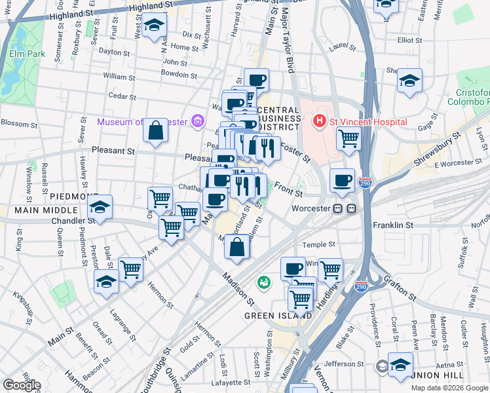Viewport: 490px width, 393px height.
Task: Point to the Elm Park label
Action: (x=28, y=54)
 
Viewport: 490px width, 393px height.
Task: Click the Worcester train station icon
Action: (x=345, y=208)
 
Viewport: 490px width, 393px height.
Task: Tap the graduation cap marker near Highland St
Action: (x=155, y=25)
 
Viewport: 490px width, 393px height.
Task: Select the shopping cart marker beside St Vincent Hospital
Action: (x=349, y=138)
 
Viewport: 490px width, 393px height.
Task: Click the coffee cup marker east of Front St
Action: (x=341, y=180)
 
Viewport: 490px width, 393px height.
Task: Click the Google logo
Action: (x=22, y=385)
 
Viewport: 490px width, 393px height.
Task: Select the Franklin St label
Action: (x=392, y=225)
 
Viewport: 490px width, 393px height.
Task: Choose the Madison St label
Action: (x=238, y=289)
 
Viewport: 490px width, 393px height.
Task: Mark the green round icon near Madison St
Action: (x=264, y=282)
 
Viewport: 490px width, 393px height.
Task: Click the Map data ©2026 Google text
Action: (x=449, y=388)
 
